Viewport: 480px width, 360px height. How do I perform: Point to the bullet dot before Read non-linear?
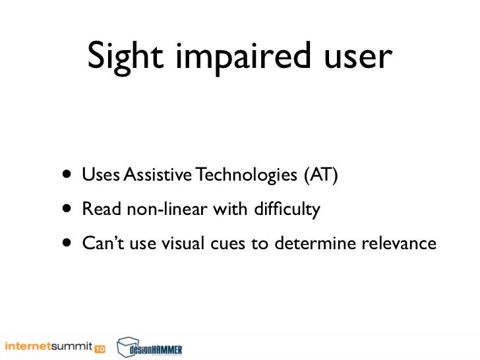[69, 210]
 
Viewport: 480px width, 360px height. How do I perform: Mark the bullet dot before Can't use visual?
[69, 244]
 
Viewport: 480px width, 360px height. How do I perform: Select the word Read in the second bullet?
[98, 210]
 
